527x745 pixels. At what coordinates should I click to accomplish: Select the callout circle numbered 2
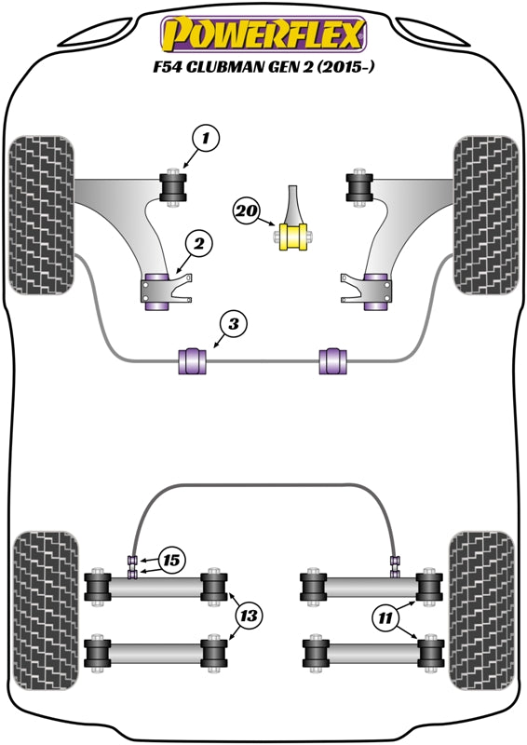click(x=198, y=245)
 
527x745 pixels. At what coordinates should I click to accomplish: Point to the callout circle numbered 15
click(x=171, y=561)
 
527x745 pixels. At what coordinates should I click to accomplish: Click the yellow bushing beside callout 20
click(x=295, y=235)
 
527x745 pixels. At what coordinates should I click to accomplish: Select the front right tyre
click(x=485, y=216)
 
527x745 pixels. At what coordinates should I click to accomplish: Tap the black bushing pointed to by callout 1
click(x=173, y=186)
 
